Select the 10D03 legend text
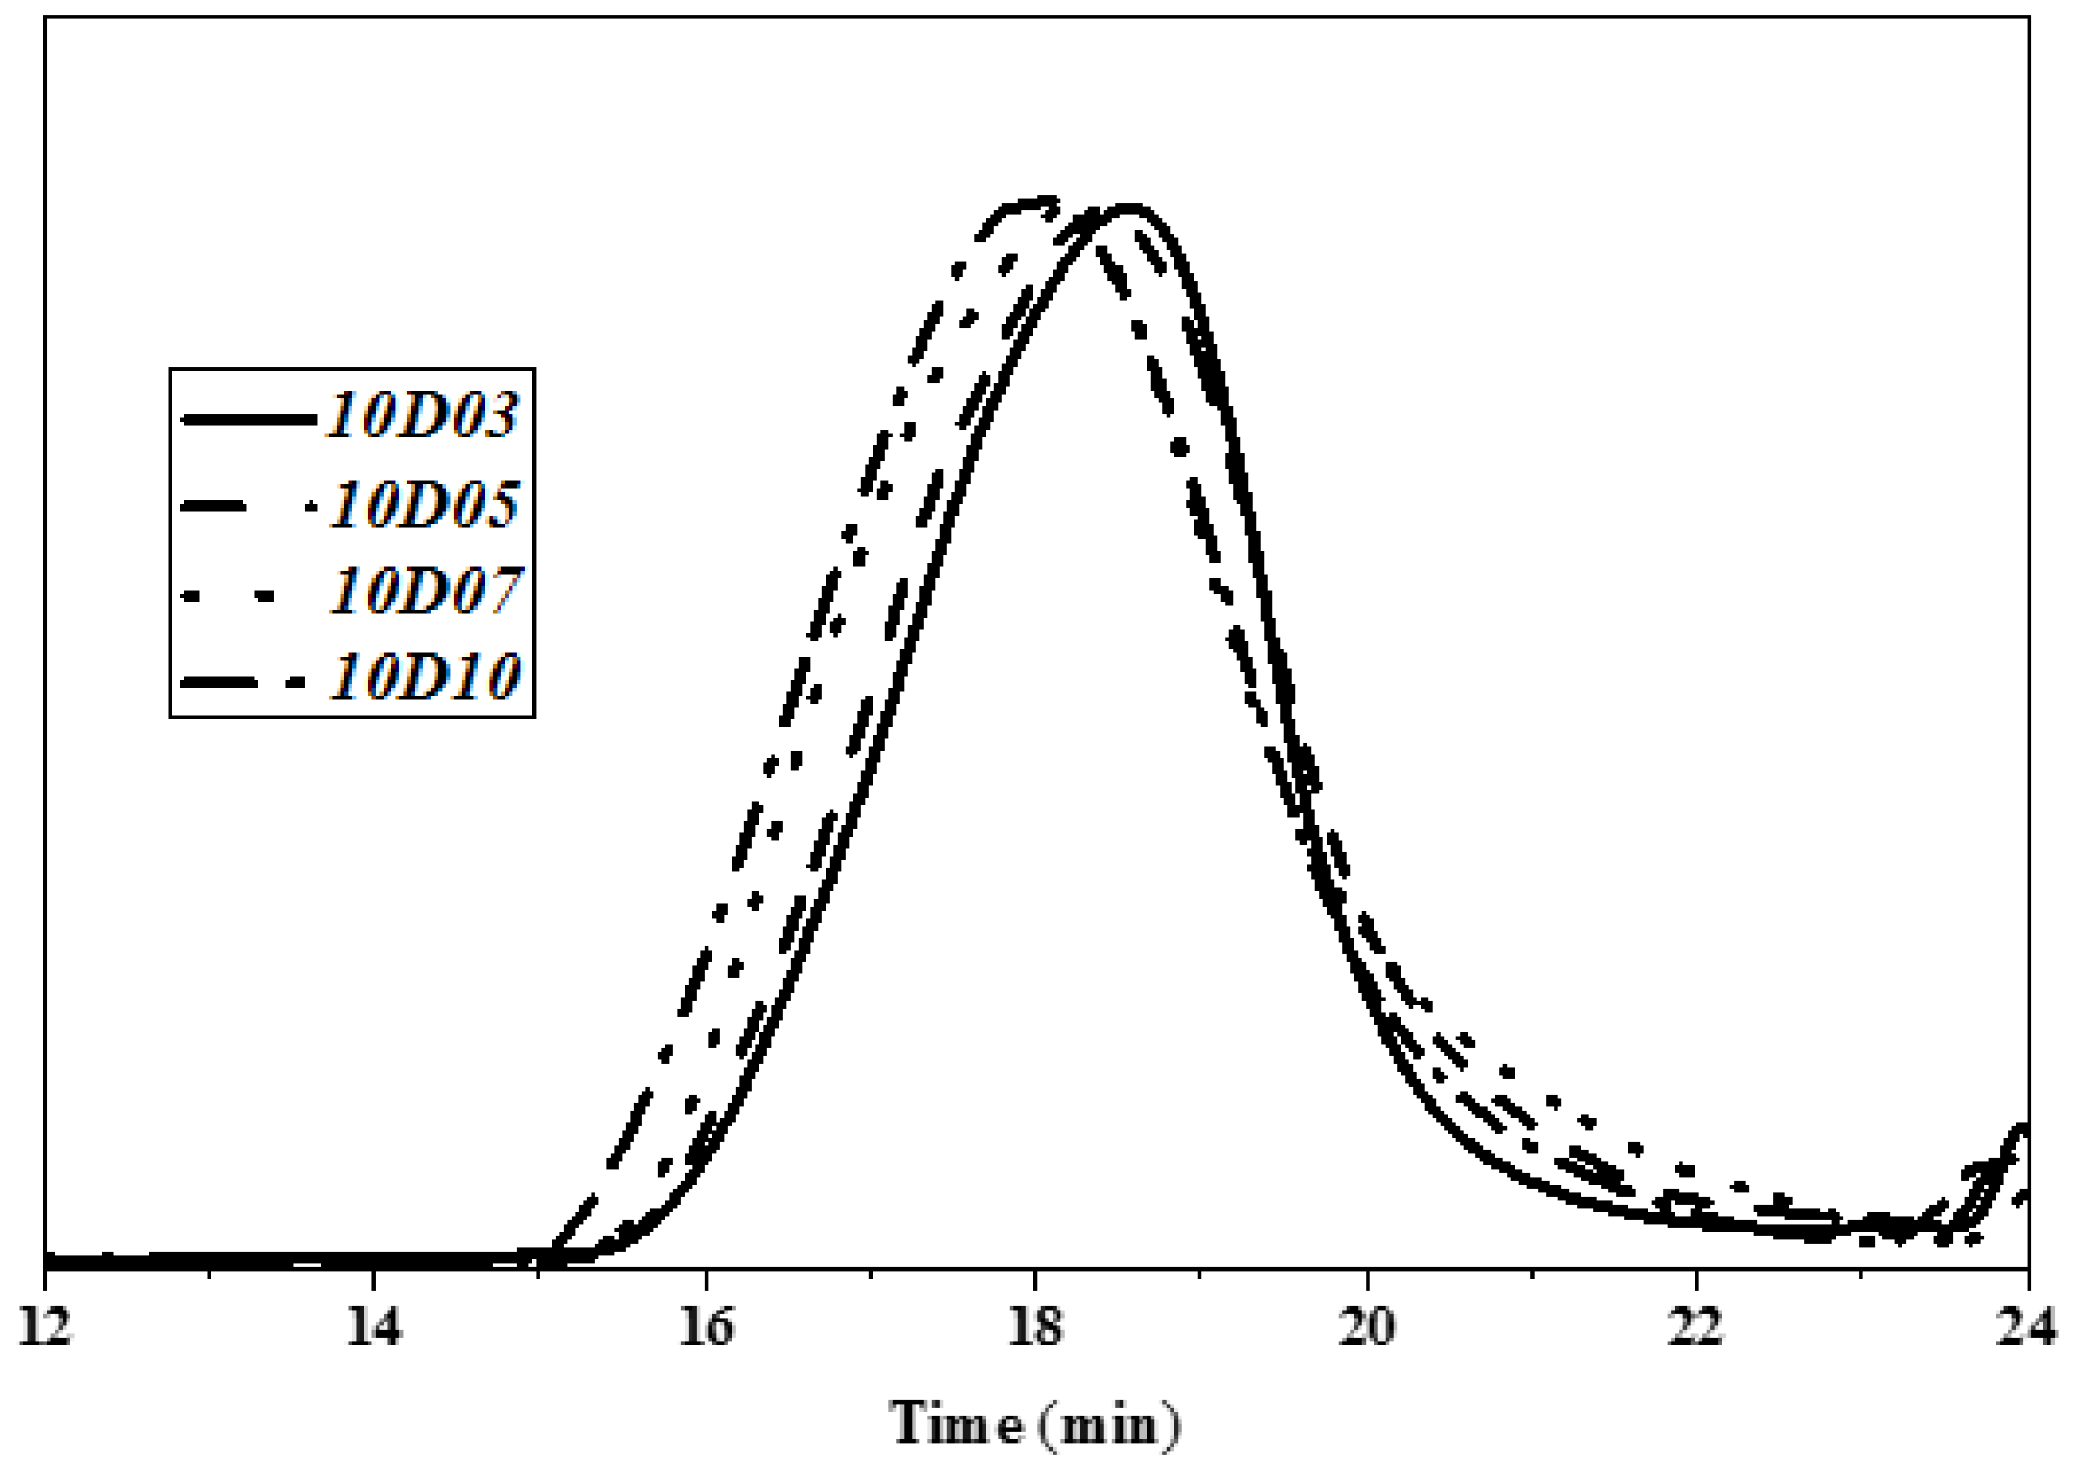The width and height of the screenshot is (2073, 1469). coord(423,416)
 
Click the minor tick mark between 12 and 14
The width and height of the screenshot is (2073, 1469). coord(210,1275)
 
